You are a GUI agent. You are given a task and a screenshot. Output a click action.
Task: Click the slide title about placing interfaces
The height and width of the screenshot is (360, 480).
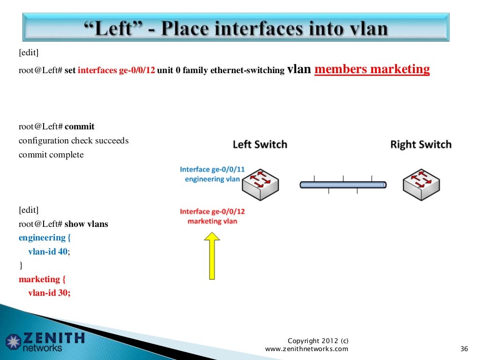click(236, 29)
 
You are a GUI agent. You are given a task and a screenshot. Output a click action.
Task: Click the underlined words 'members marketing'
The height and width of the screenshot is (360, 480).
click(372, 69)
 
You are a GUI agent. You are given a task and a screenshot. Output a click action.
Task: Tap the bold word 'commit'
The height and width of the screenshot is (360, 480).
click(80, 127)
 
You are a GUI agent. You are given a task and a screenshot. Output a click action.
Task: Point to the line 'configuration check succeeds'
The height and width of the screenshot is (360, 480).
click(74, 141)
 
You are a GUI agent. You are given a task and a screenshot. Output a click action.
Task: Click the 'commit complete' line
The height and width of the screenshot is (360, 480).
click(51, 155)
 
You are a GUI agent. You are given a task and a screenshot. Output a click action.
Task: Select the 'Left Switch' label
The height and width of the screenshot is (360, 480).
click(260, 144)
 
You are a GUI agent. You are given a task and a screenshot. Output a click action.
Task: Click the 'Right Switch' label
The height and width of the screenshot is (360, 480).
click(420, 144)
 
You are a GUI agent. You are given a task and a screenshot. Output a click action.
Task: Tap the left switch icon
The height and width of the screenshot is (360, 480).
click(260, 184)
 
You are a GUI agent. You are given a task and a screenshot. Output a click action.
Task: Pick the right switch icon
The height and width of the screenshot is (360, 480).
click(421, 184)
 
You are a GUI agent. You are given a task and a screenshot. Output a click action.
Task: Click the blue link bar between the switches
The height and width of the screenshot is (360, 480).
click(343, 185)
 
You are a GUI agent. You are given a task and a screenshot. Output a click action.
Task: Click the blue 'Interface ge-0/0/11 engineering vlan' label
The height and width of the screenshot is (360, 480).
click(212, 174)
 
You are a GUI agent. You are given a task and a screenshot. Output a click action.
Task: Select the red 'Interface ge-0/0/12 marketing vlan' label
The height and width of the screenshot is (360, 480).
click(212, 216)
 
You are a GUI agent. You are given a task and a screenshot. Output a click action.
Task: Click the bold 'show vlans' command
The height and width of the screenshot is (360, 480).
click(86, 224)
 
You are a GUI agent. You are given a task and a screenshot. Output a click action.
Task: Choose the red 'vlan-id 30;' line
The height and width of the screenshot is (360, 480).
click(49, 293)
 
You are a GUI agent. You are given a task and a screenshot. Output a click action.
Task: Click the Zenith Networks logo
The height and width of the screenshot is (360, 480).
click(45, 342)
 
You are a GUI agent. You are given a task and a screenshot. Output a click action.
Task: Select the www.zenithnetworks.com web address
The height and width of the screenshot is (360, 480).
click(307, 349)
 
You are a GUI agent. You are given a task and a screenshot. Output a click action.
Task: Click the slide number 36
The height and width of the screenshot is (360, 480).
click(465, 349)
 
